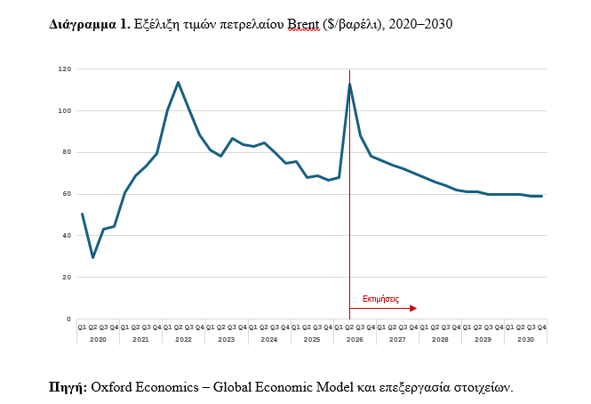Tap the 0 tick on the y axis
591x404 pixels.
(x=68, y=319)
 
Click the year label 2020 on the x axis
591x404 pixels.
(x=98, y=340)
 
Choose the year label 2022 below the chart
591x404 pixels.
(x=183, y=340)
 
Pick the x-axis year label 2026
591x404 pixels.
(x=355, y=340)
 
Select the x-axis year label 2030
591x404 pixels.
(x=525, y=340)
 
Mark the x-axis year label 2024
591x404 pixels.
(x=268, y=340)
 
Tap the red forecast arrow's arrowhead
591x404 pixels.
(x=412, y=309)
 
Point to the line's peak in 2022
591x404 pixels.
(x=179, y=83)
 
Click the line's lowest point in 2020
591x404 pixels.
(x=92, y=257)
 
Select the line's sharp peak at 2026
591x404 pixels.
(x=349, y=85)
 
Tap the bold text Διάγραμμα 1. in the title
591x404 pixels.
(x=89, y=25)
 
